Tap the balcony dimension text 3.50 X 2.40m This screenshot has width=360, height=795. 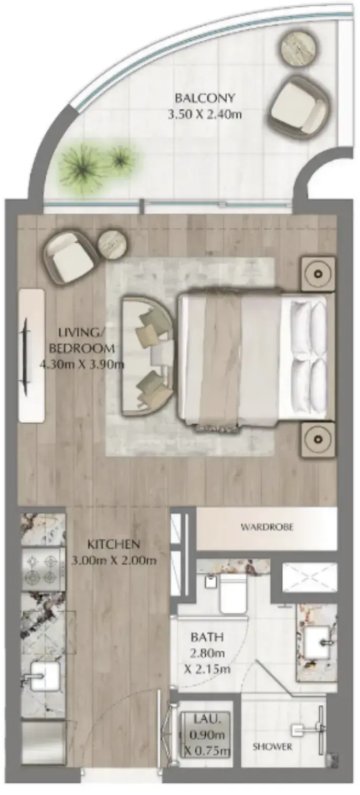[x=205, y=114]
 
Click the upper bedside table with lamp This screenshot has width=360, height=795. [x=318, y=273]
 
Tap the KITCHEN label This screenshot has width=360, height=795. [x=113, y=543]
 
